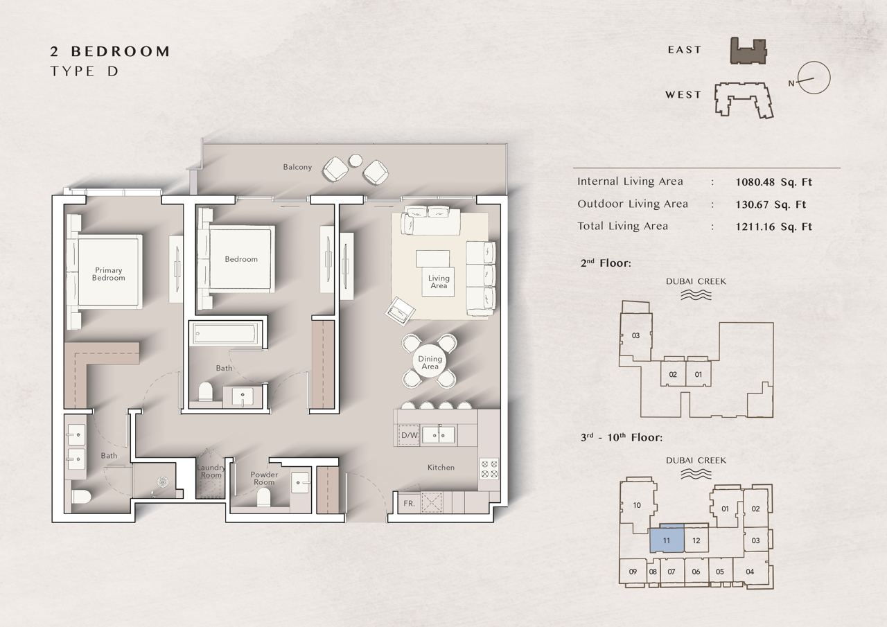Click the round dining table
tap(430, 362)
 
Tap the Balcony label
tap(297, 167)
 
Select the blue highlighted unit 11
tap(667, 538)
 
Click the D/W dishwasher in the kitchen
tap(409, 435)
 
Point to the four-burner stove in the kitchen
tap(489, 469)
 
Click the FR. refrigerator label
tap(409, 504)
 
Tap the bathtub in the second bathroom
tap(225, 333)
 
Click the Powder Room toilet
tap(263, 497)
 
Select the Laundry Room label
tap(211, 471)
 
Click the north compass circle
tap(814, 78)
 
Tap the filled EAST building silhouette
tap(748, 51)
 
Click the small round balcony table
tap(355, 160)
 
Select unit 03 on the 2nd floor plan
tap(635, 335)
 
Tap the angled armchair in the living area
tap(401, 311)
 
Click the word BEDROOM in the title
tap(121, 51)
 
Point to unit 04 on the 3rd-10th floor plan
tap(750, 572)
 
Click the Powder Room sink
tap(300, 482)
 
